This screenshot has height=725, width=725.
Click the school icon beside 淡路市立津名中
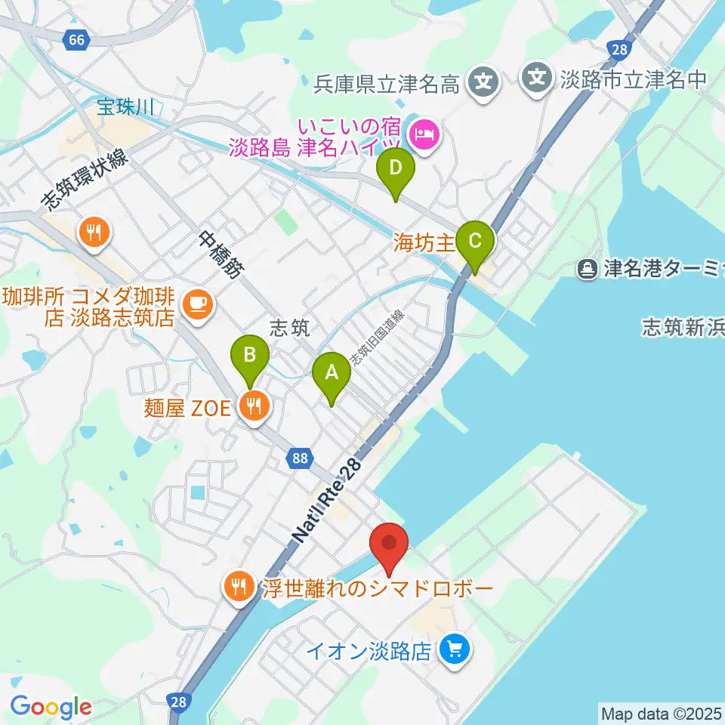(537, 77)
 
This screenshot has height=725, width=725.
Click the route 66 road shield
(76, 40)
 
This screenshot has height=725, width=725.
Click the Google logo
(51, 708)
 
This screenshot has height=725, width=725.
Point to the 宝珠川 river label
(125, 107)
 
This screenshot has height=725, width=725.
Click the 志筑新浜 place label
(682, 326)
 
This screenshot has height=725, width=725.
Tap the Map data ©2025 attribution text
(662, 713)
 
